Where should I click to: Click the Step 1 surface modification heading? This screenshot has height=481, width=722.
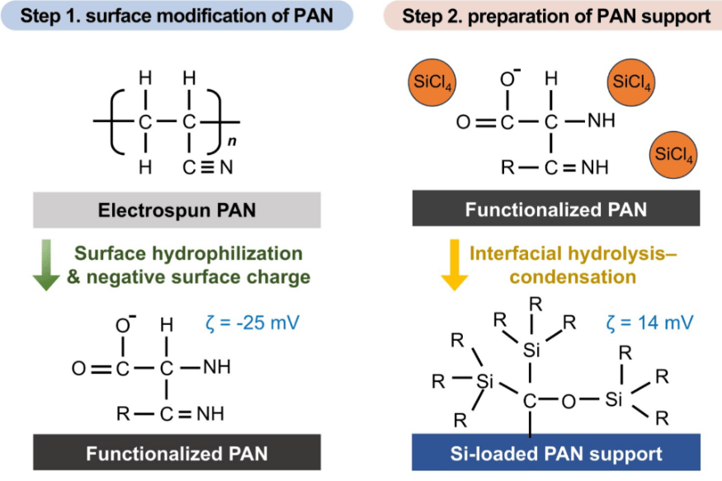170,17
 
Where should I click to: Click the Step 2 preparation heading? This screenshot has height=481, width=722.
550,17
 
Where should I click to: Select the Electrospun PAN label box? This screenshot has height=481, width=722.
177,210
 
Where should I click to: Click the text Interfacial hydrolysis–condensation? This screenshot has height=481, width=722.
577,263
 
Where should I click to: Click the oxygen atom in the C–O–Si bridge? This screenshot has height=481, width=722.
567,402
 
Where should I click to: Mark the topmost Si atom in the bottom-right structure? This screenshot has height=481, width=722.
531,351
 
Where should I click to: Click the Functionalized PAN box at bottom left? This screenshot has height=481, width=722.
177,453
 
